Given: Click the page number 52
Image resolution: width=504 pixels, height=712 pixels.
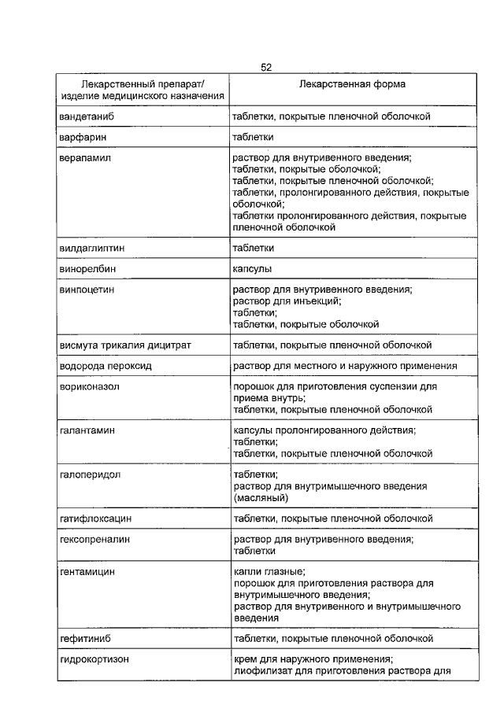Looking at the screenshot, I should (266, 68).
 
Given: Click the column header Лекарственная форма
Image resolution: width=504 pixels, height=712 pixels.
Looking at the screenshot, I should (352, 83).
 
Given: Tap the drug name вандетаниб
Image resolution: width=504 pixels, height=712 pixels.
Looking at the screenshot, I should (87, 116).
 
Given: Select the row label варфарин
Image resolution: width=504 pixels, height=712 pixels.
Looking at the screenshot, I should (83, 137).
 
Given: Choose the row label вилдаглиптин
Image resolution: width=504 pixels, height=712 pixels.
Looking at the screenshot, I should (92, 248).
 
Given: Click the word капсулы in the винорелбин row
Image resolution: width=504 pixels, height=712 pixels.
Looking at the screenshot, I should (251, 269).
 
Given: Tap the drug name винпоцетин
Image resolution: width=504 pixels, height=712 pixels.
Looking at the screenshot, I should (88, 290).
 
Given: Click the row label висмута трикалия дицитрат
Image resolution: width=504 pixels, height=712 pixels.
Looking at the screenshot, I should (125, 345).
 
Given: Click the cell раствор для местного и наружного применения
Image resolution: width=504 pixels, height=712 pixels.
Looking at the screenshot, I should (345, 366).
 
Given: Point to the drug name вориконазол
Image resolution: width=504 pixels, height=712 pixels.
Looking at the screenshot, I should (91, 387).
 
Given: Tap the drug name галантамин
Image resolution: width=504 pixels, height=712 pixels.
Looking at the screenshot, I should (88, 431).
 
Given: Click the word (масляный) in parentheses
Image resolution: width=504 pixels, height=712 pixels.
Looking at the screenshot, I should (261, 498).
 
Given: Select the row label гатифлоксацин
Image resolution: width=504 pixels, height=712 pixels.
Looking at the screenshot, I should (95, 519).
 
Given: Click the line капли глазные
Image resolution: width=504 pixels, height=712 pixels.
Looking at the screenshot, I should (269, 572).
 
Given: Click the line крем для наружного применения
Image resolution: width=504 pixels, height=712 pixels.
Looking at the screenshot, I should (313, 659).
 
